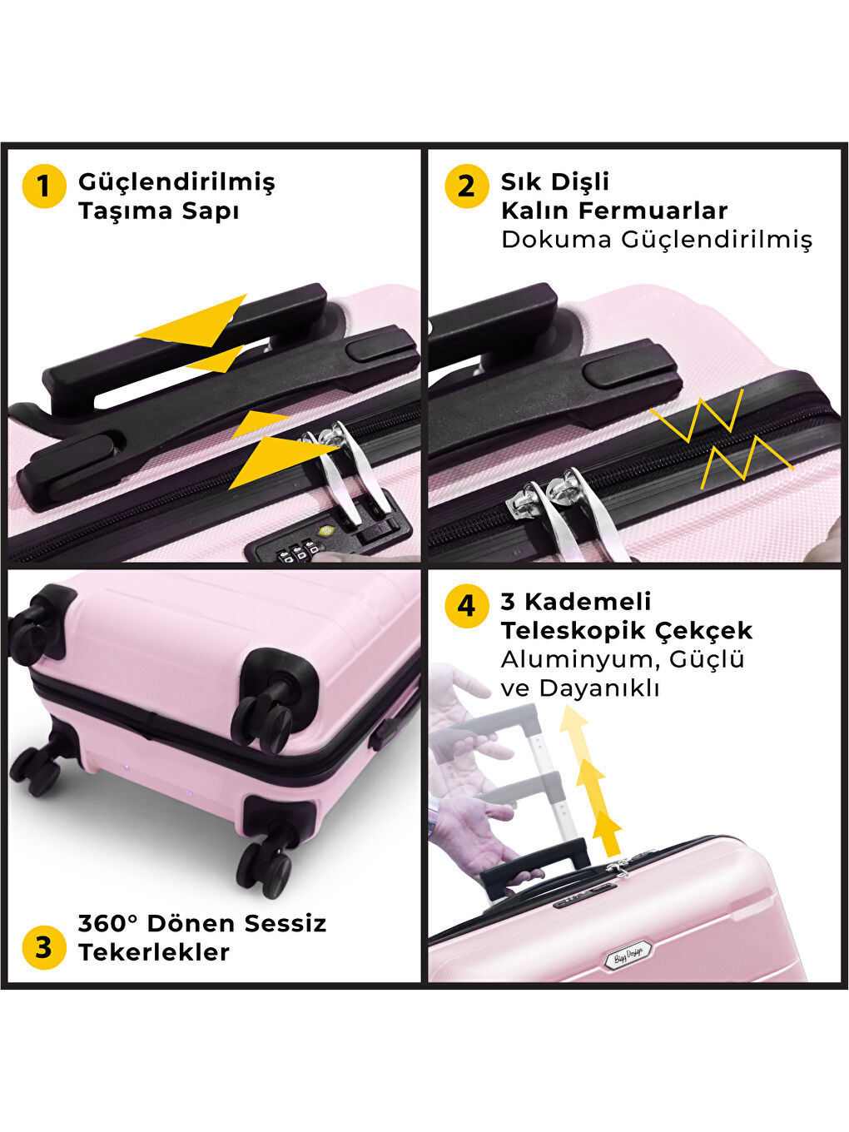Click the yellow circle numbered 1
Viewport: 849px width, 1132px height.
click(x=44, y=186)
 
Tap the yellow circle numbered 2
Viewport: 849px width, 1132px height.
click(x=466, y=186)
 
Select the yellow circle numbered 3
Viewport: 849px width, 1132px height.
click(x=44, y=947)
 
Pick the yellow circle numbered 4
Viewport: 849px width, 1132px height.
click(x=466, y=606)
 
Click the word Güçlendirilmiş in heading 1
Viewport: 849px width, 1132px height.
click(x=176, y=183)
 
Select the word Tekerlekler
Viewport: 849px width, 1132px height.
click(x=154, y=952)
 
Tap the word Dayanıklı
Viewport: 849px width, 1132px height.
click(x=599, y=689)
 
